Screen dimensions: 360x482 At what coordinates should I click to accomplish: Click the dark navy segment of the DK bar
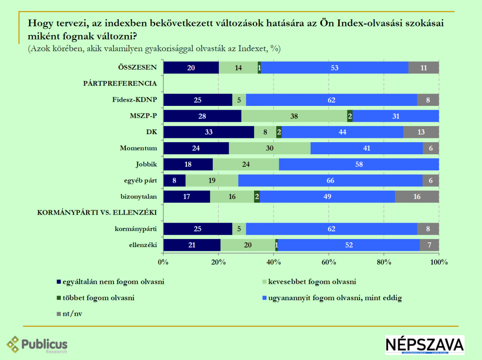tap(209, 132)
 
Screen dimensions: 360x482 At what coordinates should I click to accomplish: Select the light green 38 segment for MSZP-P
tap(294, 116)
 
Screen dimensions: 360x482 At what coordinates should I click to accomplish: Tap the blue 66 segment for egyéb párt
tap(330, 181)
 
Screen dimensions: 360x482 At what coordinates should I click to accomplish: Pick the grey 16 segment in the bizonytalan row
tap(417, 197)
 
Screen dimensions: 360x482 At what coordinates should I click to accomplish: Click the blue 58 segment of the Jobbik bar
tap(359, 164)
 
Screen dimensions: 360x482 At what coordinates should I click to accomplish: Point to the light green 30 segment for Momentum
tap(270, 148)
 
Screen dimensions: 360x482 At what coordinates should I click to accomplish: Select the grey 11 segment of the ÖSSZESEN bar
tap(424, 68)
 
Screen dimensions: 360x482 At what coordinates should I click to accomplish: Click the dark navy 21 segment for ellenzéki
tap(192, 245)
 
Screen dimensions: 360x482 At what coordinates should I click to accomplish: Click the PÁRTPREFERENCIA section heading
tap(120, 83)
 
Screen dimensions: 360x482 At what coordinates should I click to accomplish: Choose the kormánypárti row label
tap(135, 229)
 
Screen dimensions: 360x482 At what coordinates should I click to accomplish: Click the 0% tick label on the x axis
tap(163, 262)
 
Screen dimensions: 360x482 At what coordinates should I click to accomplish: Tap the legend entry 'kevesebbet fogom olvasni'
tap(308, 282)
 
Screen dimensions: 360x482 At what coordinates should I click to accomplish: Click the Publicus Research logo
tap(37, 345)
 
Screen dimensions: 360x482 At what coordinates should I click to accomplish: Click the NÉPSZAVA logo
tap(425, 345)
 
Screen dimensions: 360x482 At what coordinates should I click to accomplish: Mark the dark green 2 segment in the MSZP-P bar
tap(350, 116)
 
